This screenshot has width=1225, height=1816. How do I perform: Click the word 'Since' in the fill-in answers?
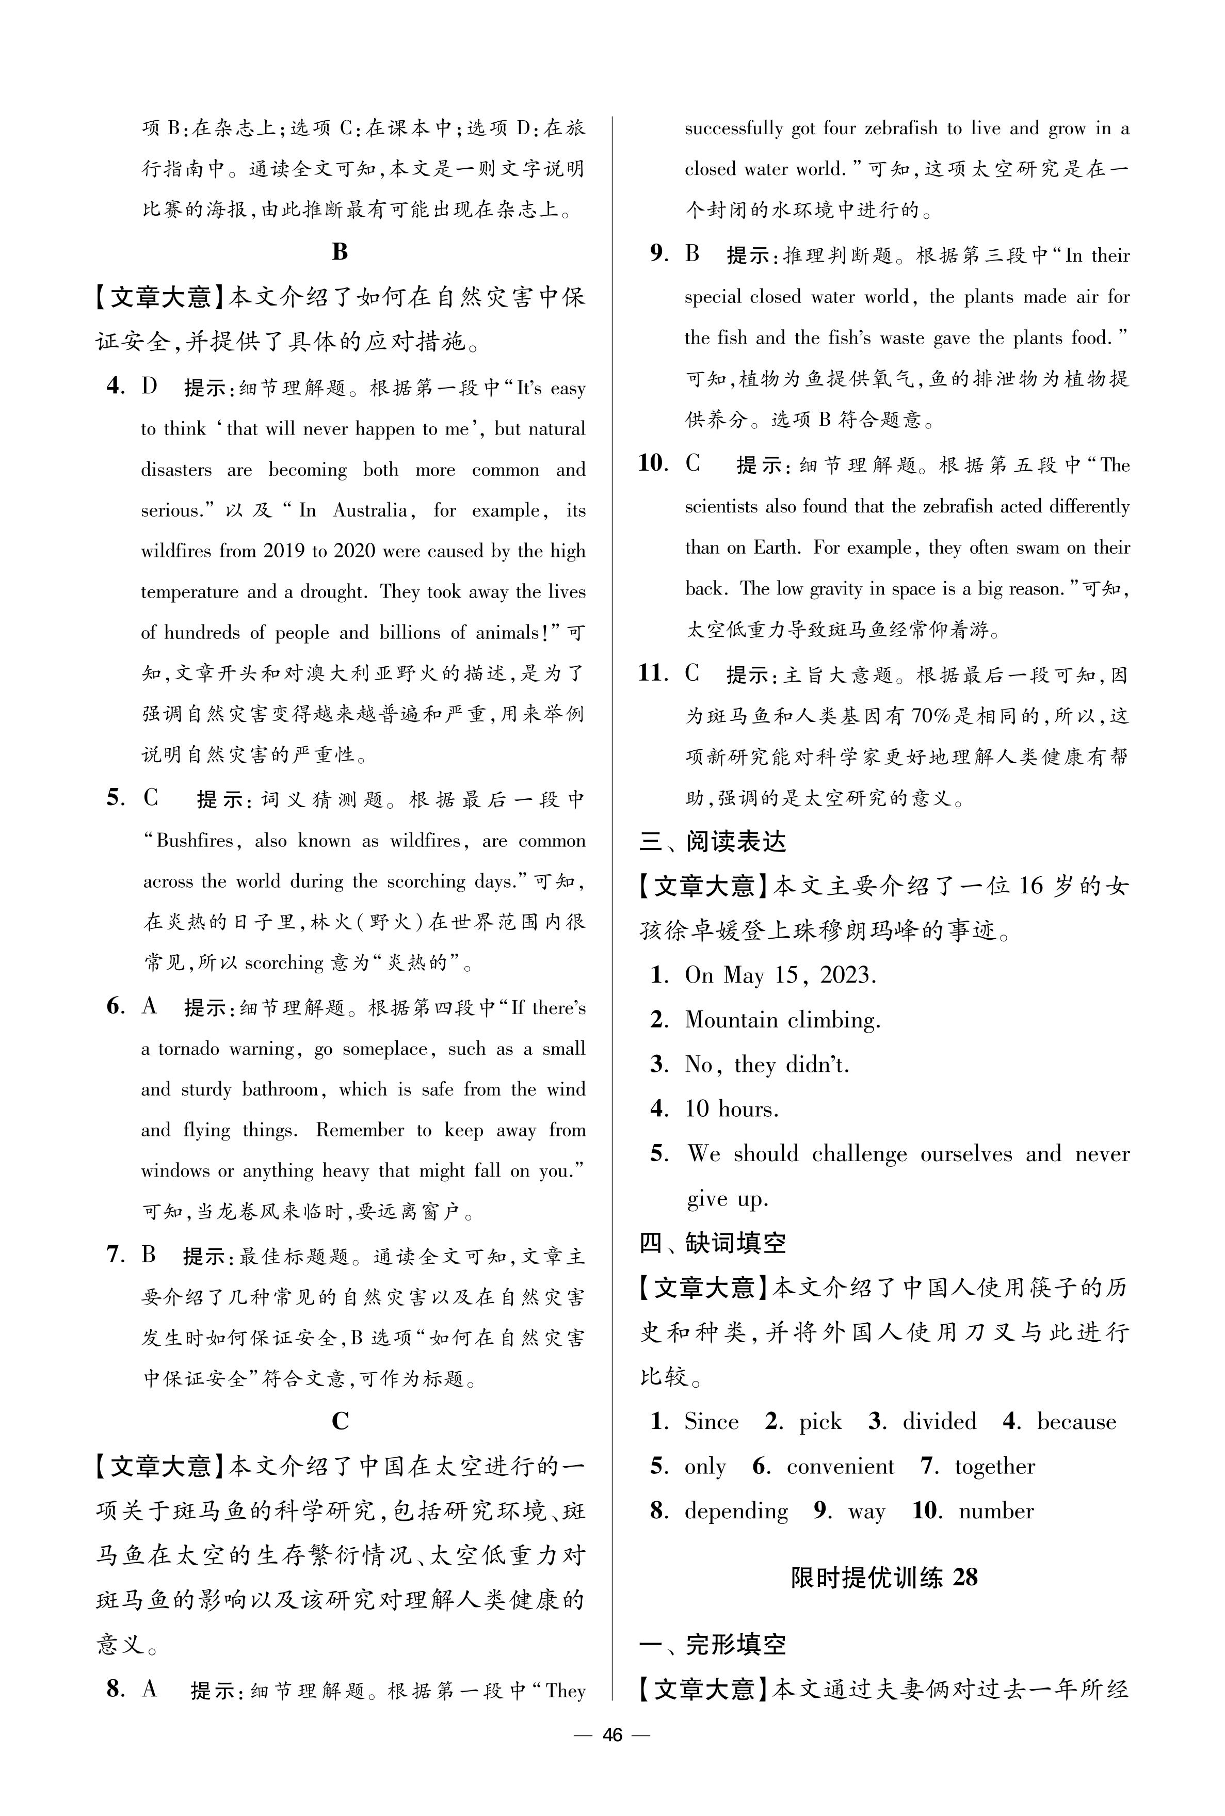(711, 1422)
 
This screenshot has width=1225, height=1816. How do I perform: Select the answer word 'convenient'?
(840, 1466)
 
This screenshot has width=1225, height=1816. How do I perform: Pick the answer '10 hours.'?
(731, 1109)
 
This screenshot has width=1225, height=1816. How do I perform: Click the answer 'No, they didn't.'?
(766, 1065)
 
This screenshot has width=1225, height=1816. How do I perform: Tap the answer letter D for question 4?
(149, 387)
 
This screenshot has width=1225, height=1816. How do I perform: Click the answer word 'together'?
(994, 1466)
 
